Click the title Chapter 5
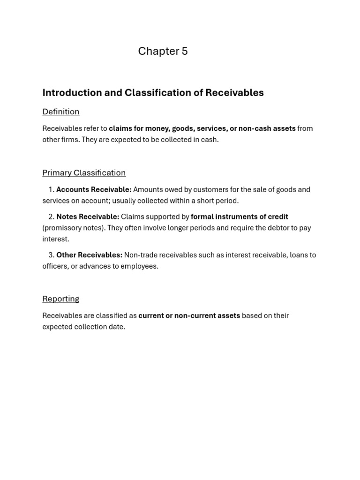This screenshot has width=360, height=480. (x=163, y=51)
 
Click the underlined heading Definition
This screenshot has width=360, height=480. (x=61, y=112)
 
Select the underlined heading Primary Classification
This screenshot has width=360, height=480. (x=84, y=172)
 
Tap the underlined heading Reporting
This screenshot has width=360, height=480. (x=61, y=299)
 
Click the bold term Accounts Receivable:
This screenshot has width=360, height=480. (x=94, y=189)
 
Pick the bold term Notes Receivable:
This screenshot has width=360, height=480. (x=88, y=217)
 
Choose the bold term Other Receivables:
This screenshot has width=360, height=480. (x=89, y=255)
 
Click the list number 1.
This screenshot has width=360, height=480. (x=51, y=189)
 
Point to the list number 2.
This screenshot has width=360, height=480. (x=51, y=217)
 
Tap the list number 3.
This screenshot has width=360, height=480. (x=51, y=255)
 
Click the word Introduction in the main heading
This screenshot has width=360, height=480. (x=72, y=93)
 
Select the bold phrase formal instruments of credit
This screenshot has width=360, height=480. (x=239, y=217)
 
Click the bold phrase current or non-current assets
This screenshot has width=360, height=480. (x=189, y=315)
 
